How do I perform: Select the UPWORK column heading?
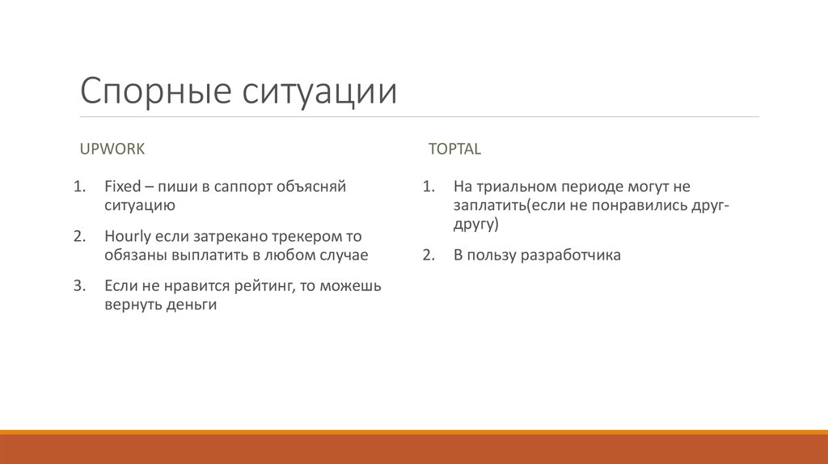pos(112,149)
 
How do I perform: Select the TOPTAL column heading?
pos(454,149)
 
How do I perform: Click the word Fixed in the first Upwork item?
pos(121,187)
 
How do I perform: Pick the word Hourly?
pos(126,237)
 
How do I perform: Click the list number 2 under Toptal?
pos(428,255)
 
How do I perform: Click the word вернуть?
pos(133,306)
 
